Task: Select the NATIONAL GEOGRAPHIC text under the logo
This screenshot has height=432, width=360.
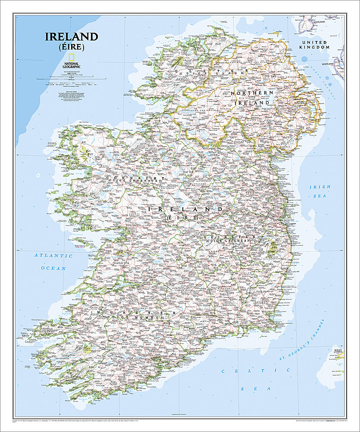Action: pos(72,65)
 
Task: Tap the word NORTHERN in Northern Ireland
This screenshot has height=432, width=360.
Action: pos(252,93)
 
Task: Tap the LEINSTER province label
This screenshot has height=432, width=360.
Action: pos(227,237)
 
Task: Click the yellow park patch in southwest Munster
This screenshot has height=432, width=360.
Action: pos(90,348)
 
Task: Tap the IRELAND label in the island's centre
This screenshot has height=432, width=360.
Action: pos(186,209)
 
